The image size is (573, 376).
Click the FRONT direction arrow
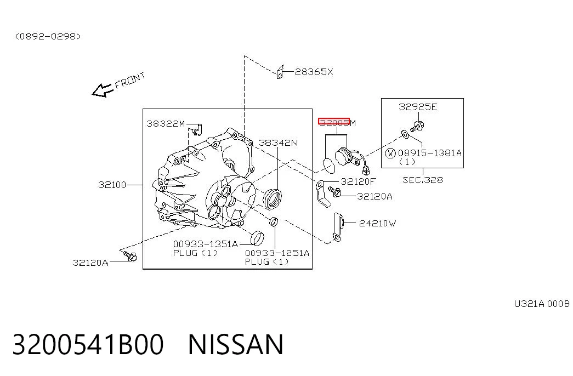click(101, 90)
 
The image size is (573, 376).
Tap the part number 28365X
click(314, 72)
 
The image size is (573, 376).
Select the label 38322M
click(166, 123)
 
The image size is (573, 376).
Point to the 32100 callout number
click(112, 185)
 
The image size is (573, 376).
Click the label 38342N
click(279, 143)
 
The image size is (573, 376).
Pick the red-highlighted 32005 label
click(334, 122)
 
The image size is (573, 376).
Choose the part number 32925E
click(418, 107)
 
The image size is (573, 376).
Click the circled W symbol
click(390, 153)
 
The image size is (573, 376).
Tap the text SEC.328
click(423, 180)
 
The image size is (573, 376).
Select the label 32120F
click(358, 181)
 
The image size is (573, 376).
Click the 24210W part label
click(377, 223)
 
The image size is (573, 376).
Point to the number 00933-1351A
click(206, 244)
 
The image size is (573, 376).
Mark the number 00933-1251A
click(277, 253)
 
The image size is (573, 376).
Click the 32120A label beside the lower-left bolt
click(90, 263)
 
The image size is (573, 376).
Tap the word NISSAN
click(236, 344)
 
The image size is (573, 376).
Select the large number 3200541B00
click(88, 344)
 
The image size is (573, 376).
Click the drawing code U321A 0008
click(542, 304)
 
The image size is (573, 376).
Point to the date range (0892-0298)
click(48, 36)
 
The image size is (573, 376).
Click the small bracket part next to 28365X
click(280, 72)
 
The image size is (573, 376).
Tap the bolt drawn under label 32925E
click(417, 127)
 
